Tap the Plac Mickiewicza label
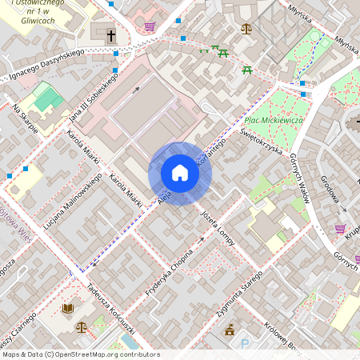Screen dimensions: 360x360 point(274,120)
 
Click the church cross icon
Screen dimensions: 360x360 point(110,35)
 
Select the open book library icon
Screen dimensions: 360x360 point(67,308)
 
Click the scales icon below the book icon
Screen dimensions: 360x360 point(82,326)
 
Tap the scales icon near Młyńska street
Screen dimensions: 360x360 point(246,29)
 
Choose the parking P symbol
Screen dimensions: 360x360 point(245,345)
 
